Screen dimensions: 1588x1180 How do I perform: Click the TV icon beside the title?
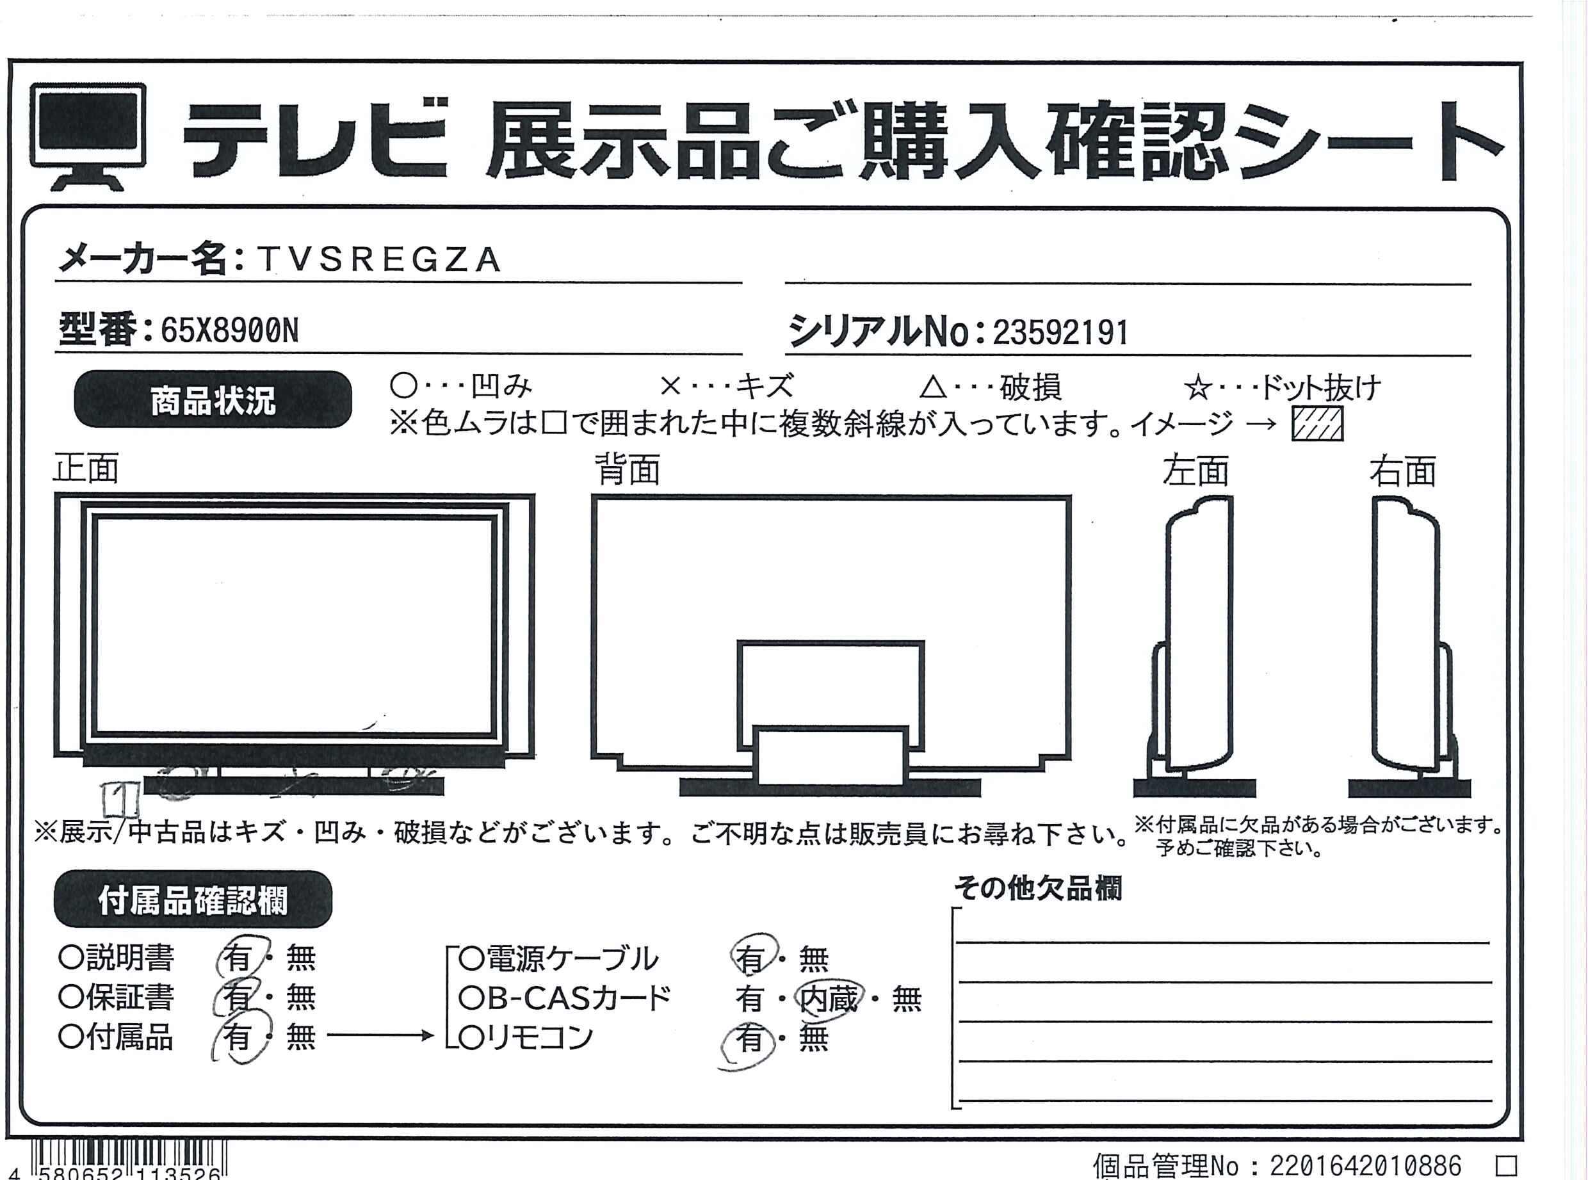coord(88,136)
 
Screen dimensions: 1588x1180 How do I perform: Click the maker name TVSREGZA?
coord(378,259)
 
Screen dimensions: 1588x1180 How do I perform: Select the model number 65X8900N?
coord(229,331)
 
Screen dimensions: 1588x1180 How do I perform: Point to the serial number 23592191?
coord(1060,332)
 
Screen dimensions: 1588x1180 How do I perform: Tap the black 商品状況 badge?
coord(213,400)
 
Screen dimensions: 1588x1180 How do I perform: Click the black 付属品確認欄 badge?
coord(193,900)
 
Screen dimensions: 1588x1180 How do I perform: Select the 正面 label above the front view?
coord(86,469)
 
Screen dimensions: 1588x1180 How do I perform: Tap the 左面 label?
coord(1195,471)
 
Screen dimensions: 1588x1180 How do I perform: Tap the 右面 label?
coord(1402,471)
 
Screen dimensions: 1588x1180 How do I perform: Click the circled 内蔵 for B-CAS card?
coord(829,999)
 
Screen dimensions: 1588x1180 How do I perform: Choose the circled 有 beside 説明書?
coord(240,957)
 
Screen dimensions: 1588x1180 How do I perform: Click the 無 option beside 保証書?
coord(301,998)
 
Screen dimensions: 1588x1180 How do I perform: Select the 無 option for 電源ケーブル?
coord(814,958)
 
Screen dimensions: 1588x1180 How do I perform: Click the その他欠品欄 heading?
coord(1038,889)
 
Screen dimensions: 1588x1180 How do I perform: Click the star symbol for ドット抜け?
coord(1198,389)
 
